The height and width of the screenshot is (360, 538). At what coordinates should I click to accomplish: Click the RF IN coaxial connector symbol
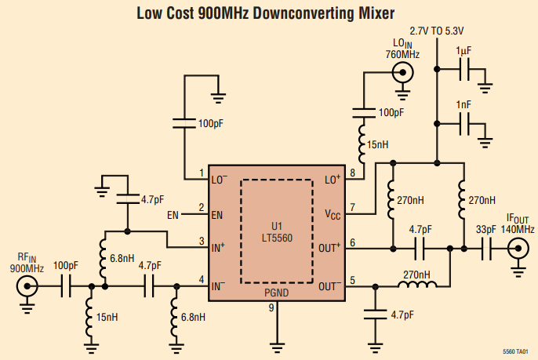pyautogui.click(x=29, y=287)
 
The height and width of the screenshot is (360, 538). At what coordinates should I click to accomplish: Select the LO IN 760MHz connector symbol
pyautogui.click(x=403, y=74)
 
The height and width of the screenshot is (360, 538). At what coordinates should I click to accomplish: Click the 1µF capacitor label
pyautogui.click(x=463, y=51)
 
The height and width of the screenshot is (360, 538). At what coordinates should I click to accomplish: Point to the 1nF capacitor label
pyautogui.click(x=463, y=104)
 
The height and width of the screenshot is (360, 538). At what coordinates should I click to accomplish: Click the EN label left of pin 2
pyautogui.click(x=173, y=215)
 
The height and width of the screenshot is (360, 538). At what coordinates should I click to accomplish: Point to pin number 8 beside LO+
pyautogui.click(x=353, y=173)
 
